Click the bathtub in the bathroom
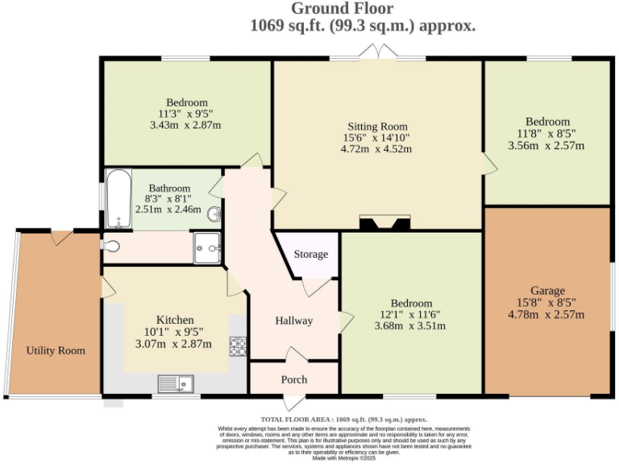tap(118, 198)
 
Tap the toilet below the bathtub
tap(111, 246)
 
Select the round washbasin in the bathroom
tap(214, 214)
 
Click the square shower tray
tap(207, 248)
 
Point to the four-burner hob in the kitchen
tap(238, 346)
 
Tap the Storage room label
tap(310, 255)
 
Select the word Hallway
tap(293, 321)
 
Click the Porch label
tap(293, 379)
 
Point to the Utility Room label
tap(56, 350)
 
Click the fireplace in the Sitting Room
tap(384, 223)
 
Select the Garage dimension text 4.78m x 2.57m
tap(547, 314)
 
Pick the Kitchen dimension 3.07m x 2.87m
tap(174, 344)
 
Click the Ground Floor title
tap(342, 9)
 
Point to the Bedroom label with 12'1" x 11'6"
tap(411, 303)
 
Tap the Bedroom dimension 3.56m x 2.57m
tap(546, 146)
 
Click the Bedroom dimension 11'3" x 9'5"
tap(186, 114)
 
